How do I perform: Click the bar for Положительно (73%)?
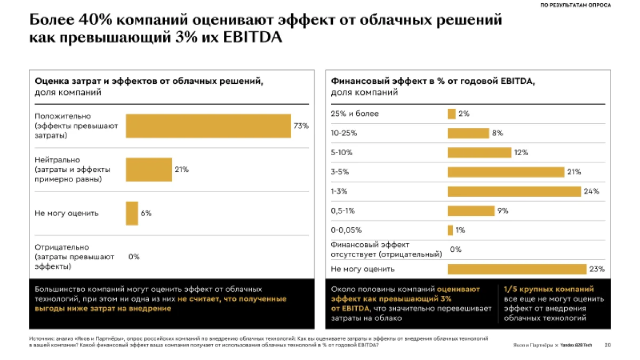208,126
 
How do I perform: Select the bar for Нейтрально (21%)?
149,170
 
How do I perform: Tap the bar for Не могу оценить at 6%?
132,213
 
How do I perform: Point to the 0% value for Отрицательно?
134,257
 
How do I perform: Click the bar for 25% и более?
451,114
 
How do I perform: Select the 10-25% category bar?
468,133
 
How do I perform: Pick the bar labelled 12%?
479,153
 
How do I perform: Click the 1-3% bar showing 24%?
514,191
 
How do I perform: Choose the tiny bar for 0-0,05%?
450,230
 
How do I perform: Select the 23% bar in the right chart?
517,269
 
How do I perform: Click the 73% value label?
301,126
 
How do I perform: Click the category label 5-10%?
341,153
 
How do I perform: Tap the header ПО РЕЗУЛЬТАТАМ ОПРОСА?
576,5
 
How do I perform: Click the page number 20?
607,345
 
